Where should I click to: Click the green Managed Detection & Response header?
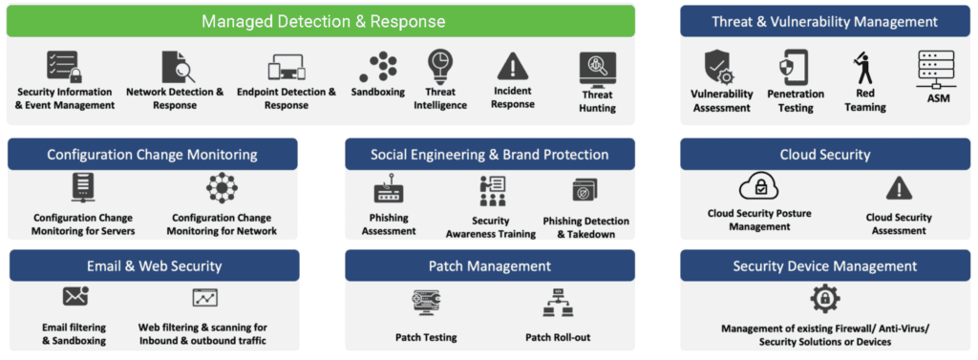323,21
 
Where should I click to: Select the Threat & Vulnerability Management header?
824,21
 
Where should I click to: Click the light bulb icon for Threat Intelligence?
440,67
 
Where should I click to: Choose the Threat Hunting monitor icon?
597,70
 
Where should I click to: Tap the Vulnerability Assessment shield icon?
718,68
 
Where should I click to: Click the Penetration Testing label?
796,101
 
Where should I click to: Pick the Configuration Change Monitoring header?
152,154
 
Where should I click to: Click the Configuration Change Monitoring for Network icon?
222,189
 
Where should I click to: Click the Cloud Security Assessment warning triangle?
898,188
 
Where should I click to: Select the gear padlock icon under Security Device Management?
825,299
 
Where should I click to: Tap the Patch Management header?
490,265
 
